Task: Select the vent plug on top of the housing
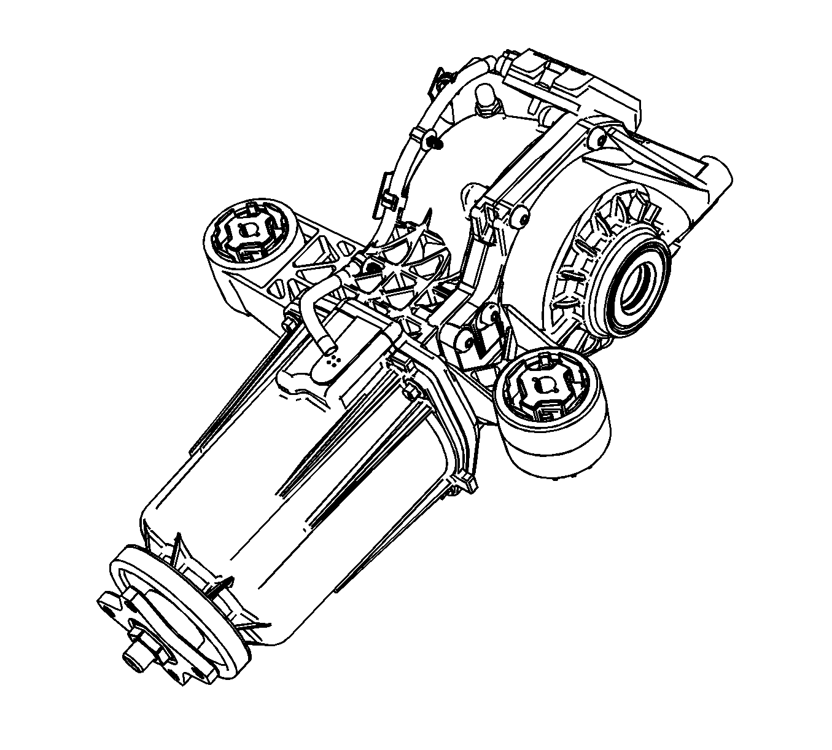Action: (x=486, y=98)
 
